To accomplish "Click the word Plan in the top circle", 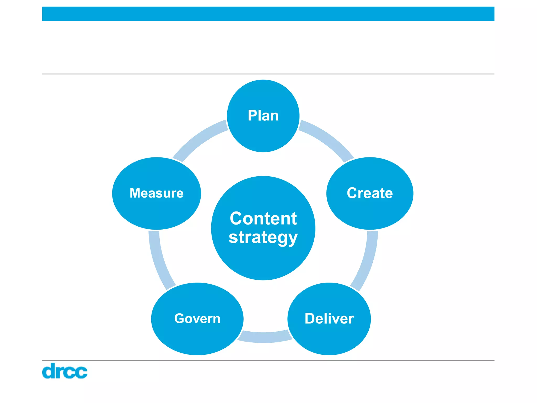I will click(x=263, y=116).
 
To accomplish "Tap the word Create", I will click(x=370, y=193).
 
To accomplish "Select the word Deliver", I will click(x=329, y=319).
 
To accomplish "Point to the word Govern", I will click(x=197, y=319).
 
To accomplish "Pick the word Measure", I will click(x=157, y=193).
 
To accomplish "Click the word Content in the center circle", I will click(x=263, y=218).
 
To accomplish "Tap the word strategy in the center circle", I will click(x=263, y=237).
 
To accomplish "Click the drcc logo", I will click(x=65, y=371).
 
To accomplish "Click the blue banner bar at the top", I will click(x=268, y=14).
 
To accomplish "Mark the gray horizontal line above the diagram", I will click(x=268, y=74).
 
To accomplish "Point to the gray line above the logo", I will click(x=268, y=360).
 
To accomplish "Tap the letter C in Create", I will click(x=352, y=193).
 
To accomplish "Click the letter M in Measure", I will click(x=136, y=193).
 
